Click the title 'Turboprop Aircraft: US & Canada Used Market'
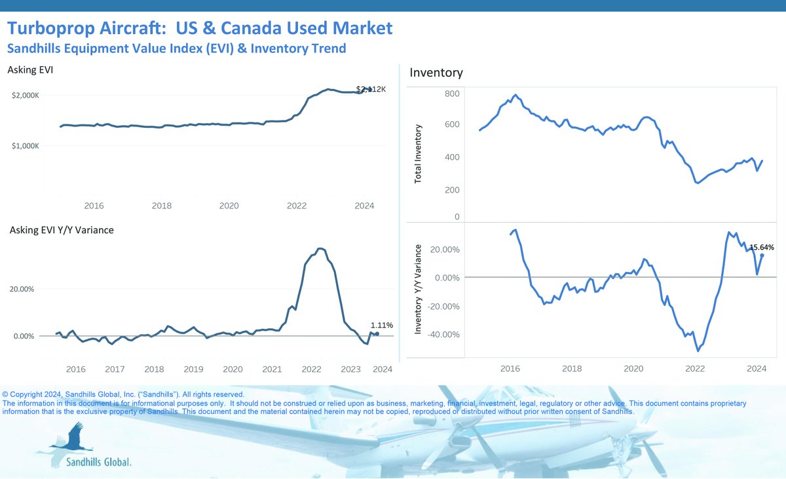pyautogui.click(x=200, y=28)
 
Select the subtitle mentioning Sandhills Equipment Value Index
pyautogui.click(x=176, y=48)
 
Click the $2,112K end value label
pyautogui.click(x=371, y=89)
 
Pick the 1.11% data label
pyautogui.click(x=381, y=324)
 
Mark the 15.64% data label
pyautogui.click(x=761, y=247)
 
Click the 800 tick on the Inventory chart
pyautogui.click(x=453, y=94)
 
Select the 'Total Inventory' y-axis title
pyautogui.click(x=419, y=153)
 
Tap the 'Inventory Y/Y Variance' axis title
pyautogui.click(x=419, y=290)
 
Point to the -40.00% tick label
pyautogui.click(x=442, y=335)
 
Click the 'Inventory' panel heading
pyautogui.click(x=436, y=73)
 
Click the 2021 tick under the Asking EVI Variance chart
pyautogui.click(x=272, y=370)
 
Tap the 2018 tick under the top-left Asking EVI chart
pyautogui.click(x=162, y=206)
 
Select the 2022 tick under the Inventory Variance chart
pyautogui.click(x=695, y=370)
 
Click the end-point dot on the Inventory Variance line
pyautogui.click(x=762, y=256)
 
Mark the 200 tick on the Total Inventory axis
pyautogui.click(x=453, y=190)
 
